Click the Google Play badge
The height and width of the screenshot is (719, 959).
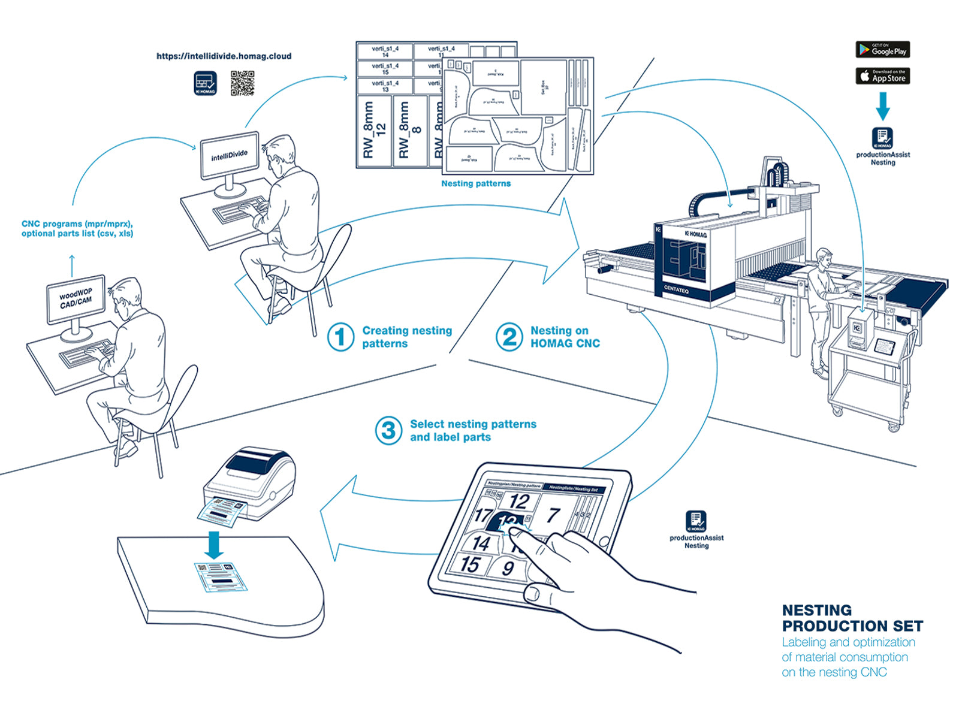pyautogui.click(x=882, y=50)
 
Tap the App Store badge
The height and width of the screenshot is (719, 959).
pyautogui.click(x=882, y=76)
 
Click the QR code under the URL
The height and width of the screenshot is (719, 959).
pyautogui.click(x=242, y=83)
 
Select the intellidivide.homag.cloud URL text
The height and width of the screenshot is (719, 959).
pyautogui.click(x=224, y=56)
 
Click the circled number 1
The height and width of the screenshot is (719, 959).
pyautogui.click(x=340, y=337)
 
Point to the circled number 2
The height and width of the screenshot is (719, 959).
pyautogui.click(x=509, y=337)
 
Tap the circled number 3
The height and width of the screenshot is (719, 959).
pyautogui.click(x=388, y=430)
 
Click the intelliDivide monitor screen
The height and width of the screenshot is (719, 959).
pyautogui.click(x=229, y=156)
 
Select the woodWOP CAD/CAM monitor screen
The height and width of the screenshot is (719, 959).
pyautogui.click(x=76, y=298)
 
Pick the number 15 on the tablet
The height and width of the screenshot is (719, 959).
pyautogui.click(x=471, y=564)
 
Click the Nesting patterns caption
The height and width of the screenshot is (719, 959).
pyautogui.click(x=476, y=183)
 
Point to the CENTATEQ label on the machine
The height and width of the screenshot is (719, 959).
pyautogui.click(x=676, y=289)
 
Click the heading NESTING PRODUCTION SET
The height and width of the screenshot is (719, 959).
pyautogui.click(x=852, y=618)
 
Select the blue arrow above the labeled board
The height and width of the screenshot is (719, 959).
pyautogui.click(x=214, y=543)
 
